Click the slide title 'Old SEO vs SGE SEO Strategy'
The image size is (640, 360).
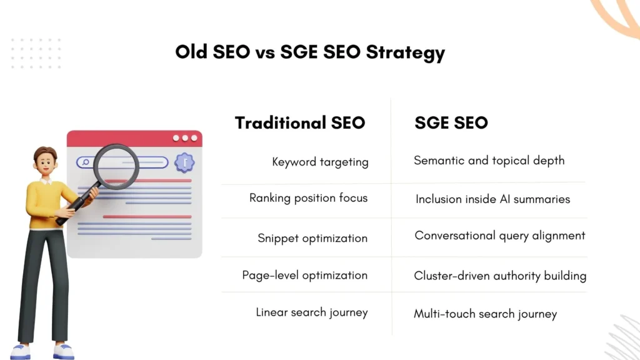(x=310, y=52)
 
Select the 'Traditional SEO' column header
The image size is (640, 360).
(x=299, y=122)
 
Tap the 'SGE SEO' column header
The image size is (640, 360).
(x=451, y=122)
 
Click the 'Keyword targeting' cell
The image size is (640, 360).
(x=320, y=162)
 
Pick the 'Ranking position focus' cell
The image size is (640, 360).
(x=308, y=198)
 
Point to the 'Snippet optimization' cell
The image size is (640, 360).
(x=312, y=238)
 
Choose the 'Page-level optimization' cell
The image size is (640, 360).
(x=304, y=275)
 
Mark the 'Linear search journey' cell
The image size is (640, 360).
(x=311, y=312)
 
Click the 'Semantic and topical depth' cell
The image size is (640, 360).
(x=489, y=161)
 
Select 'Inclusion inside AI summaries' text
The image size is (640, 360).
(x=492, y=199)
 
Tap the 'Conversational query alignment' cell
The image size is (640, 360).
(x=500, y=236)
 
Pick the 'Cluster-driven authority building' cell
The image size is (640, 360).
(x=500, y=276)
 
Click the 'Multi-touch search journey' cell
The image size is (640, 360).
(x=485, y=314)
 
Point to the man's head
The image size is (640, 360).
(x=44, y=161)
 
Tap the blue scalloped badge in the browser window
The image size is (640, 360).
(x=184, y=162)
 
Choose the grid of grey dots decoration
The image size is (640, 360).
(x=36, y=53)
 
